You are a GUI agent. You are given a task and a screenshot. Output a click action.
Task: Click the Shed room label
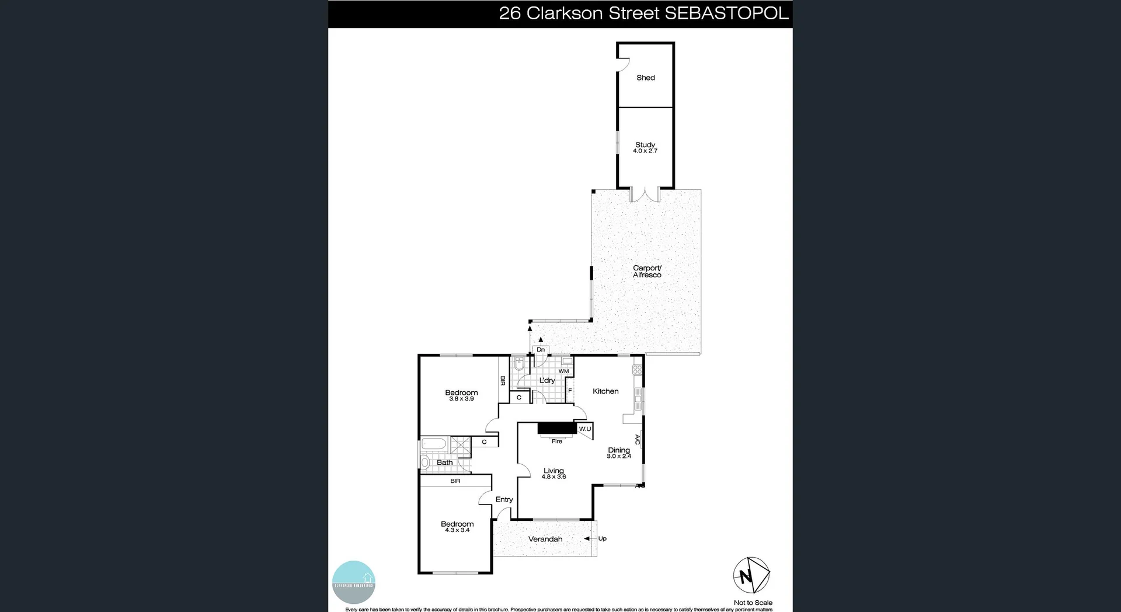tap(645, 78)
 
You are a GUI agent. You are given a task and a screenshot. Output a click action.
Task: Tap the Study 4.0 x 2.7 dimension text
tap(645, 151)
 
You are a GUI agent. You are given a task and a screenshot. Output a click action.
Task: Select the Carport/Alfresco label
tap(647, 272)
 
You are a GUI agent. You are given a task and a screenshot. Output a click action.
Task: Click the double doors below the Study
tap(645, 194)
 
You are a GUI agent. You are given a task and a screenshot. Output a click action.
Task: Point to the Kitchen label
tap(605, 391)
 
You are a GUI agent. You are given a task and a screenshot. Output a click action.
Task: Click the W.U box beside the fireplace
tap(584, 429)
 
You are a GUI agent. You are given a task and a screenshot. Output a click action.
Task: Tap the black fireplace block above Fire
tap(556, 429)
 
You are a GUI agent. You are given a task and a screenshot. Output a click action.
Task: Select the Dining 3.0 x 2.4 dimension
tap(619, 456)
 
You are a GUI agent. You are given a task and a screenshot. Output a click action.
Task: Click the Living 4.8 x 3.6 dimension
tap(553, 477)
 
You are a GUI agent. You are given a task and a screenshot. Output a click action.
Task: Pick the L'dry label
tap(547, 380)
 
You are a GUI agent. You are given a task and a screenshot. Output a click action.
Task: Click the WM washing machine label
tap(563, 371)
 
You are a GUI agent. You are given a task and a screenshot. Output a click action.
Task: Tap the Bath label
tap(444, 463)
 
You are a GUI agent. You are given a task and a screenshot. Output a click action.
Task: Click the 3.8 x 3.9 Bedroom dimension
tap(461, 399)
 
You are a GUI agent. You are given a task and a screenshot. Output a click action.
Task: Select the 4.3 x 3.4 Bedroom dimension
tap(457, 530)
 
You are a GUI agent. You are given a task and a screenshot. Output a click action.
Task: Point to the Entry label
tap(504, 499)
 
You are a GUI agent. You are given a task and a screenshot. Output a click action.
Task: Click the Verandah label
tap(545, 539)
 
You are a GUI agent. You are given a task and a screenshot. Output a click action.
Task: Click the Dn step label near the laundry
tap(541, 350)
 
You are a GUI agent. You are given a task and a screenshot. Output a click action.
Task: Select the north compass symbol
tap(751, 576)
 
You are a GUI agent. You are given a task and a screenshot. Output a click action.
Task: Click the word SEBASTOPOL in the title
tap(726, 13)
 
